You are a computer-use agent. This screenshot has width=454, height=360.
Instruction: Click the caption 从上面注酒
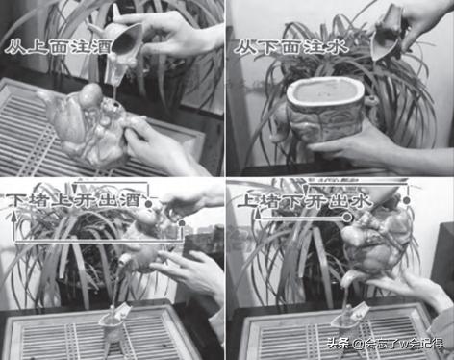coord(59,47)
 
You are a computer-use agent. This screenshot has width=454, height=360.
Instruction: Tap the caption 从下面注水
coord(291,47)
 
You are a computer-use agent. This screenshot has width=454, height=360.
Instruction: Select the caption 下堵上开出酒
coord(74,200)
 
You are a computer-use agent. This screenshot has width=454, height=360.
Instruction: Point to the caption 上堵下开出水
coord(305,201)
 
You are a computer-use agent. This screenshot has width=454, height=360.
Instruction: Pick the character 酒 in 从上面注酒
coord(102,47)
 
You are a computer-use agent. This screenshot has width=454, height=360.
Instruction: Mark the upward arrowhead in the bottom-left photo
coord(13,217)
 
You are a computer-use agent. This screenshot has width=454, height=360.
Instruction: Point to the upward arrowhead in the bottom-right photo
coord(257,215)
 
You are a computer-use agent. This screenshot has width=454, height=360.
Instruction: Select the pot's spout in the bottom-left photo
coord(125,259)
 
